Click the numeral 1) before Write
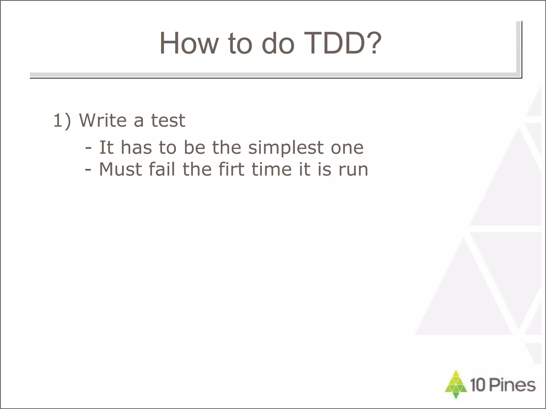point(62,121)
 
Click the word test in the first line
point(168,121)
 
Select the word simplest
point(286,148)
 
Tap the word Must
point(120,169)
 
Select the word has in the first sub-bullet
point(136,148)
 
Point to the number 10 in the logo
point(477,385)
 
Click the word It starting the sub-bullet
point(106,148)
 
